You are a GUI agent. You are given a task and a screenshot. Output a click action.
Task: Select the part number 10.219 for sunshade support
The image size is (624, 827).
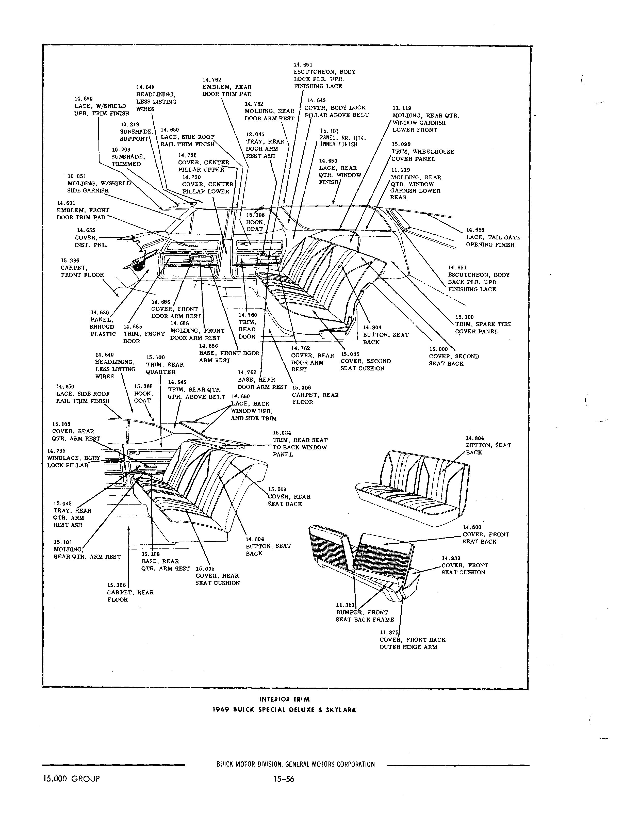(x=129, y=124)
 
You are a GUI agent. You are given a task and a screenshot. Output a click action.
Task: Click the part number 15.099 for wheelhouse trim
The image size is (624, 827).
(x=401, y=144)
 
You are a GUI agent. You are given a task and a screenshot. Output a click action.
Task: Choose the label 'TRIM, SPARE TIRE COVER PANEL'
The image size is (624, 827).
(x=483, y=328)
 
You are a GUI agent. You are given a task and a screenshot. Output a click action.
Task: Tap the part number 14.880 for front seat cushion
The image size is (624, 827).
(x=451, y=558)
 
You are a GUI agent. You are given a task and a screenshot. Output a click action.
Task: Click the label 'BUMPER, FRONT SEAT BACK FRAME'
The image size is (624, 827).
(x=365, y=616)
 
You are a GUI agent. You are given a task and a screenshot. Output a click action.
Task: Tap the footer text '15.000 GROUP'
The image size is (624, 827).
(x=71, y=779)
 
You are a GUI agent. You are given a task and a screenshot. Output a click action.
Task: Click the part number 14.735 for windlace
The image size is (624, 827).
(x=56, y=451)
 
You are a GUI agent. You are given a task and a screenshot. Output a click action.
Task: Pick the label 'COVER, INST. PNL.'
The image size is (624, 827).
(x=91, y=241)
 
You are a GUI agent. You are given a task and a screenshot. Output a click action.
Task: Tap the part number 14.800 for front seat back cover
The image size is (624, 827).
(x=472, y=528)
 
